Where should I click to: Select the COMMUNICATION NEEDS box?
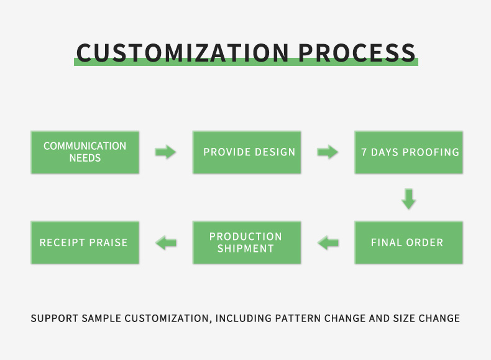click(85, 152)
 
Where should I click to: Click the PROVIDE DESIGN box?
click(247, 152)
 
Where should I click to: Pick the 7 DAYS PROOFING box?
click(409, 152)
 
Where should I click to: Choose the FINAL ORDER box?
click(409, 242)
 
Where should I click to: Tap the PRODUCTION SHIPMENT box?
click(247, 242)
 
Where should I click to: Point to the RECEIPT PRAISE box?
click(85, 242)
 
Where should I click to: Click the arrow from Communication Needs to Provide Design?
click(166, 152)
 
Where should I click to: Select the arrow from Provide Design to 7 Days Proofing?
click(328, 152)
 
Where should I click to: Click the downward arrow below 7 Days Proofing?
click(408, 199)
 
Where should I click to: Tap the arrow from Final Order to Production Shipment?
click(328, 242)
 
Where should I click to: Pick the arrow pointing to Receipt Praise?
click(166, 242)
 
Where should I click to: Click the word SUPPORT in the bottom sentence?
click(54, 318)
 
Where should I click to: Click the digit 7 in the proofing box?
click(364, 152)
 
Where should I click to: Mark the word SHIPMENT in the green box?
click(245, 249)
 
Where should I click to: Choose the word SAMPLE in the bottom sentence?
click(101, 318)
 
